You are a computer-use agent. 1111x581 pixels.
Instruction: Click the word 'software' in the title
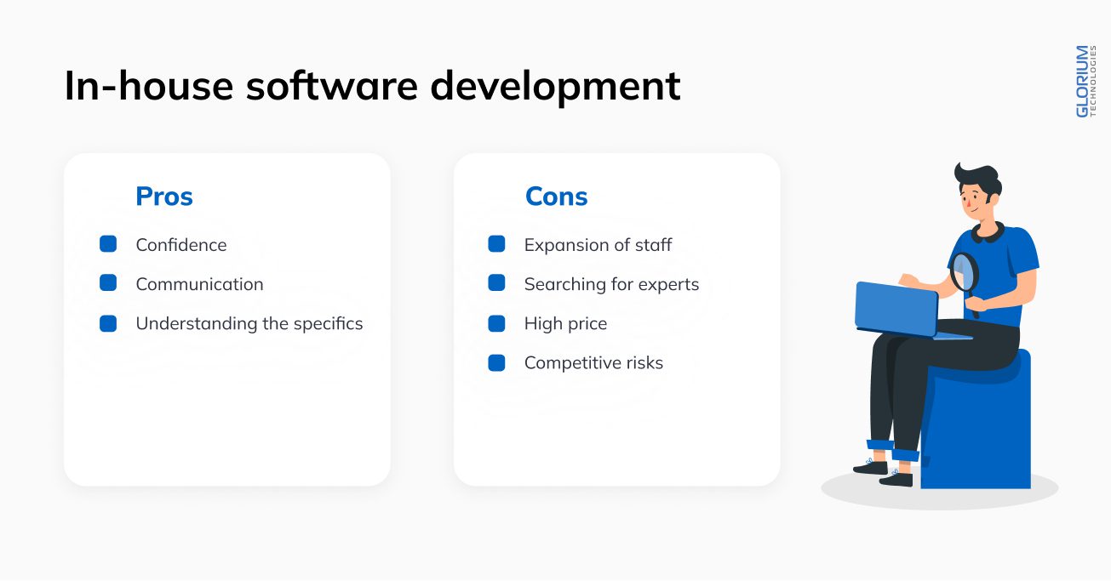(x=332, y=86)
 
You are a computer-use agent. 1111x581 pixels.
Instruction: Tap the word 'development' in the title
(x=555, y=88)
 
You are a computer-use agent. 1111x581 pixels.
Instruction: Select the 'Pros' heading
(x=164, y=196)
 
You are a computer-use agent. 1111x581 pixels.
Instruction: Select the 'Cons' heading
(x=557, y=196)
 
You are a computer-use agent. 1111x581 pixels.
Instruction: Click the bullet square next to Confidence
(x=108, y=244)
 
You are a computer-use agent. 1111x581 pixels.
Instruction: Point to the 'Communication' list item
(x=199, y=284)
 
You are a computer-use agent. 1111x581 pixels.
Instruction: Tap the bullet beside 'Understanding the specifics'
(x=108, y=323)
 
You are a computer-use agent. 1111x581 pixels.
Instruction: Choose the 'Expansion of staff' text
(x=598, y=244)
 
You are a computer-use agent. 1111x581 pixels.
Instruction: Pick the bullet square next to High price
(x=496, y=323)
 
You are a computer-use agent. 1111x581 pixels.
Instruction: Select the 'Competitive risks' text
(x=593, y=363)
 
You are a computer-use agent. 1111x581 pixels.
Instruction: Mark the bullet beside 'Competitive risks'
(x=496, y=363)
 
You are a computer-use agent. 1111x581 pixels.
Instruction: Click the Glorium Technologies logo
(x=1085, y=82)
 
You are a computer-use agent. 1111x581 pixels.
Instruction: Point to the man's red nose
(x=968, y=202)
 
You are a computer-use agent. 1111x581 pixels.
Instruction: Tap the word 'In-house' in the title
(x=149, y=86)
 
